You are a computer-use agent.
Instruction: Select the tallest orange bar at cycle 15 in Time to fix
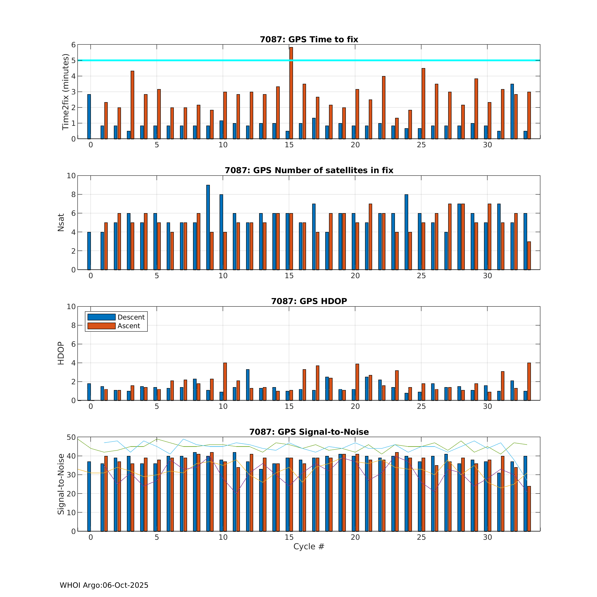pos(291,93)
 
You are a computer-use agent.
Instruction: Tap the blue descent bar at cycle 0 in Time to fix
pos(89,117)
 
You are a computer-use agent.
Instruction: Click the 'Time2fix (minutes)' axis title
pos(65,92)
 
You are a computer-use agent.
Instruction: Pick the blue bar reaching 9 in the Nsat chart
pos(208,227)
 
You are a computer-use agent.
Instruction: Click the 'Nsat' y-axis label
pos(61,222)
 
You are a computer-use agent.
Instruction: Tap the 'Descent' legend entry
pos(131,317)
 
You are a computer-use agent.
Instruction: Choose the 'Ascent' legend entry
pos(128,326)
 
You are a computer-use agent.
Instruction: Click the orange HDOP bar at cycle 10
pos(225,381)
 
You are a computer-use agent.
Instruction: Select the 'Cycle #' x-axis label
pos(309,546)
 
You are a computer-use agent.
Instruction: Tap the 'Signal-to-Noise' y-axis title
pos(61,484)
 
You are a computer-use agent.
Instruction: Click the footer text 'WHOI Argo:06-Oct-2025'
pos(104,585)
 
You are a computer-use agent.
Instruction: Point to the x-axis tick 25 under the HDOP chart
pos(421,406)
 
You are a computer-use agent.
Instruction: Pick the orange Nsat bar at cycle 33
pos(529,256)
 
